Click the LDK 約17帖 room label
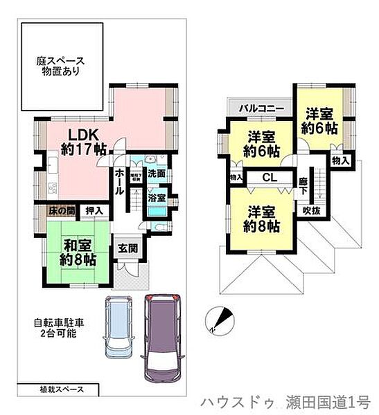(86, 140)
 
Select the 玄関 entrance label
(128, 249)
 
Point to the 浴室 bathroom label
(156, 199)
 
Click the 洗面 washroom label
(156, 174)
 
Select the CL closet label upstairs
(270, 178)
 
